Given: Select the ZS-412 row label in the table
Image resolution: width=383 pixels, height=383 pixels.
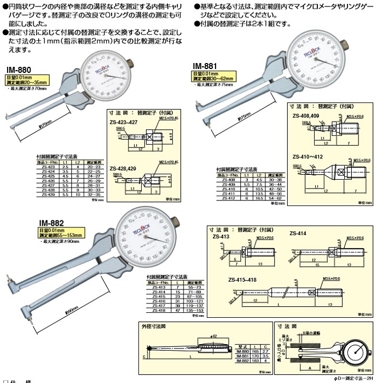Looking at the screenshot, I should pyautogui.click(x=228, y=198).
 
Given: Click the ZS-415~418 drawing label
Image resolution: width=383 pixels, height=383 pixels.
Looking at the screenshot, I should pyautogui.click(x=241, y=279).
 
